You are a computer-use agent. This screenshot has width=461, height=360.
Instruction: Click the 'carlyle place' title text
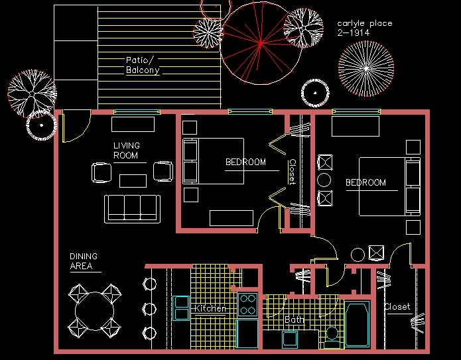tap(364, 23)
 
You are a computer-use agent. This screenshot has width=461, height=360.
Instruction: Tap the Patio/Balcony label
tap(143, 64)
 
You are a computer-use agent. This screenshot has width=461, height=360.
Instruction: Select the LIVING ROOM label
tap(126, 150)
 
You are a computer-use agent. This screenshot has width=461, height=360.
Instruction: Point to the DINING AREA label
tap(84, 261)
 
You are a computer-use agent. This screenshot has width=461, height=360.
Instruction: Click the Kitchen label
tap(210, 308)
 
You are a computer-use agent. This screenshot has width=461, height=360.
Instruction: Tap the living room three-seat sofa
tap(131, 208)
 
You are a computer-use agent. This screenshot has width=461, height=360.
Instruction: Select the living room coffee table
tap(133, 180)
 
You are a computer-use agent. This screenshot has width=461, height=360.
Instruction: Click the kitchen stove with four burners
tap(248, 304)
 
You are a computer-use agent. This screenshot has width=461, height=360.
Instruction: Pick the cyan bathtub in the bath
tap(357, 324)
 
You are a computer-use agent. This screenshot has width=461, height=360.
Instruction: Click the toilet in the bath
tap(332, 335)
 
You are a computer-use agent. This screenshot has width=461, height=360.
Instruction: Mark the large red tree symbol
tap(261, 43)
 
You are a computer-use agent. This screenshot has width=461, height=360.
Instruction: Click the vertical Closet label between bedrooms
tap(292, 172)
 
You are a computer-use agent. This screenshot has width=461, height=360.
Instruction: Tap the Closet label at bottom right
tap(397, 307)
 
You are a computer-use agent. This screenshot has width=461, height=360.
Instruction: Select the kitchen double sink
tap(181, 308)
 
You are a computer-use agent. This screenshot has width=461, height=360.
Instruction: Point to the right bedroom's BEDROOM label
tap(365, 182)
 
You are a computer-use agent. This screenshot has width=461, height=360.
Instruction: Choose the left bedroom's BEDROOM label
tap(245, 162)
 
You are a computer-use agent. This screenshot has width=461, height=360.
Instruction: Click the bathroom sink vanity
tap(290, 339)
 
